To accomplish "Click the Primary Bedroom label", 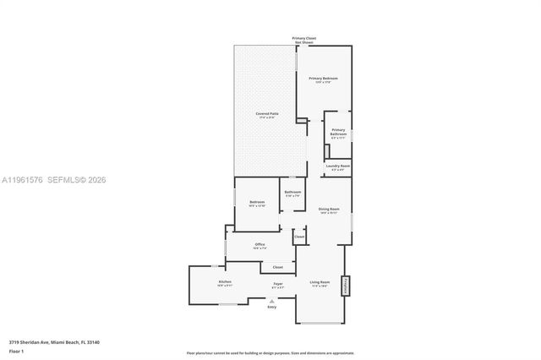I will (x=324, y=78).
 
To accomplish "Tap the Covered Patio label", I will (x=268, y=114).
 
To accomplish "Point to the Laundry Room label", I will (x=338, y=166).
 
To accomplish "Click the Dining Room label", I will (x=329, y=209).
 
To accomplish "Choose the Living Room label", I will (x=319, y=281).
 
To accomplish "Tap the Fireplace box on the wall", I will (x=345, y=286).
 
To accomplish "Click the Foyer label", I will (x=278, y=284).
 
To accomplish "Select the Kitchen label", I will (x=225, y=281).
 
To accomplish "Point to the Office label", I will (x=260, y=245).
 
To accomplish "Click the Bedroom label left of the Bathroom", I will (x=257, y=202).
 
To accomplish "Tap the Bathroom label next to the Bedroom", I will (x=292, y=193).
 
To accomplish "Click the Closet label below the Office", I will (x=277, y=267).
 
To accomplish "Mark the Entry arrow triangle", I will (x=272, y=300).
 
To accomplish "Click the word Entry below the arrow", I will (x=272, y=307).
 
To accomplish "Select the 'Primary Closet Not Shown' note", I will (x=304, y=40).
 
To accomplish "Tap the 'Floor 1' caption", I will (x=17, y=351).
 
